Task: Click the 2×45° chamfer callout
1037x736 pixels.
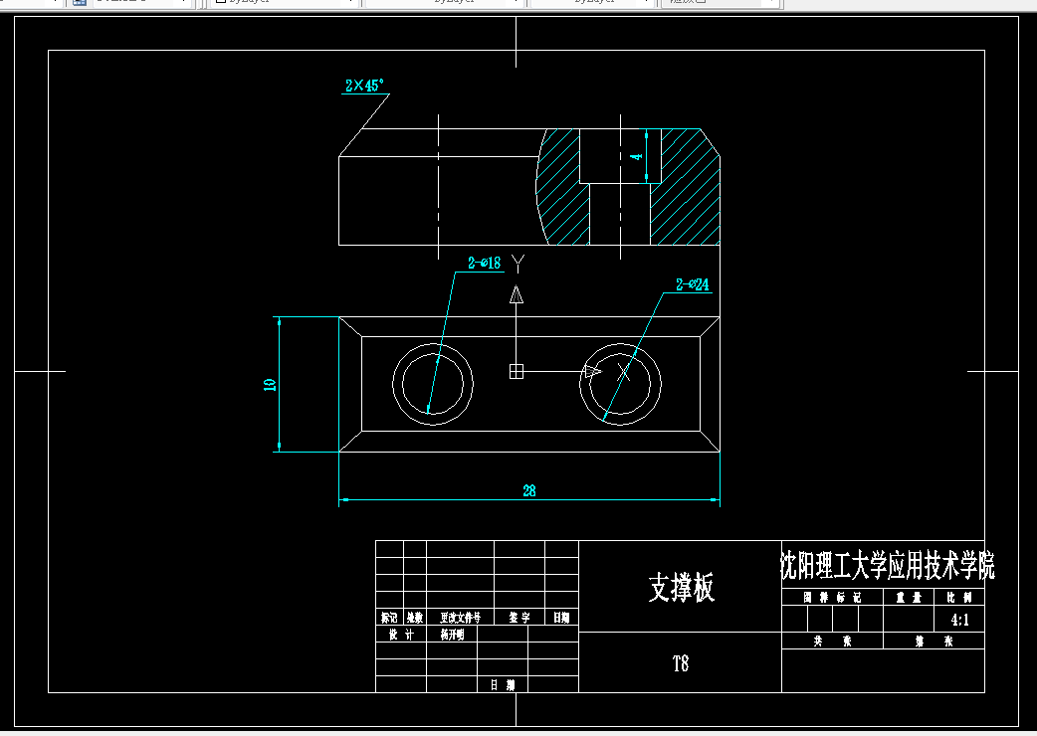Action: (x=364, y=87)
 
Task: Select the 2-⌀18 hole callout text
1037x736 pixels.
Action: (x=484, y=264)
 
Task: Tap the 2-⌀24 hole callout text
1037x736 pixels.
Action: (x=693, y=285)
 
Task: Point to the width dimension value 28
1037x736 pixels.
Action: (x=529, y=490)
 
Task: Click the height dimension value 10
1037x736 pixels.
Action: (x=270, y=385)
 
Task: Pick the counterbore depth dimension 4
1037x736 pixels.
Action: (x=638, y=156)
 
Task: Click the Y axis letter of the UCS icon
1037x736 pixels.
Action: (x=517, y=263)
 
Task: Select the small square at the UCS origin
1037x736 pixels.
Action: (x=516, y=371)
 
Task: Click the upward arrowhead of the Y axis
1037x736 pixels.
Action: (x=516, y=294)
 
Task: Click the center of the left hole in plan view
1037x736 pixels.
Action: (x=433, y=385)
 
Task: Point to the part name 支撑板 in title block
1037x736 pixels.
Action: (x=681, y=588)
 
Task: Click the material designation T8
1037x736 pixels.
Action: (x=681, y=663)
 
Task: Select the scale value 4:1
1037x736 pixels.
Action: (x=961, y=620)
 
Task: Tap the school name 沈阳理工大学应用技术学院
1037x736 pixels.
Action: (x=887, y=566)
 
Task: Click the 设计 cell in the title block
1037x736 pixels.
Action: (x=401, y=635)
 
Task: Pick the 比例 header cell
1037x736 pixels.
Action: (x=961, y=598)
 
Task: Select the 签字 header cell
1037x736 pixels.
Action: (x=519, y=618)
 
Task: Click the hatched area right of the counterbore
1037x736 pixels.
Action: (x=687, y=189)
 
